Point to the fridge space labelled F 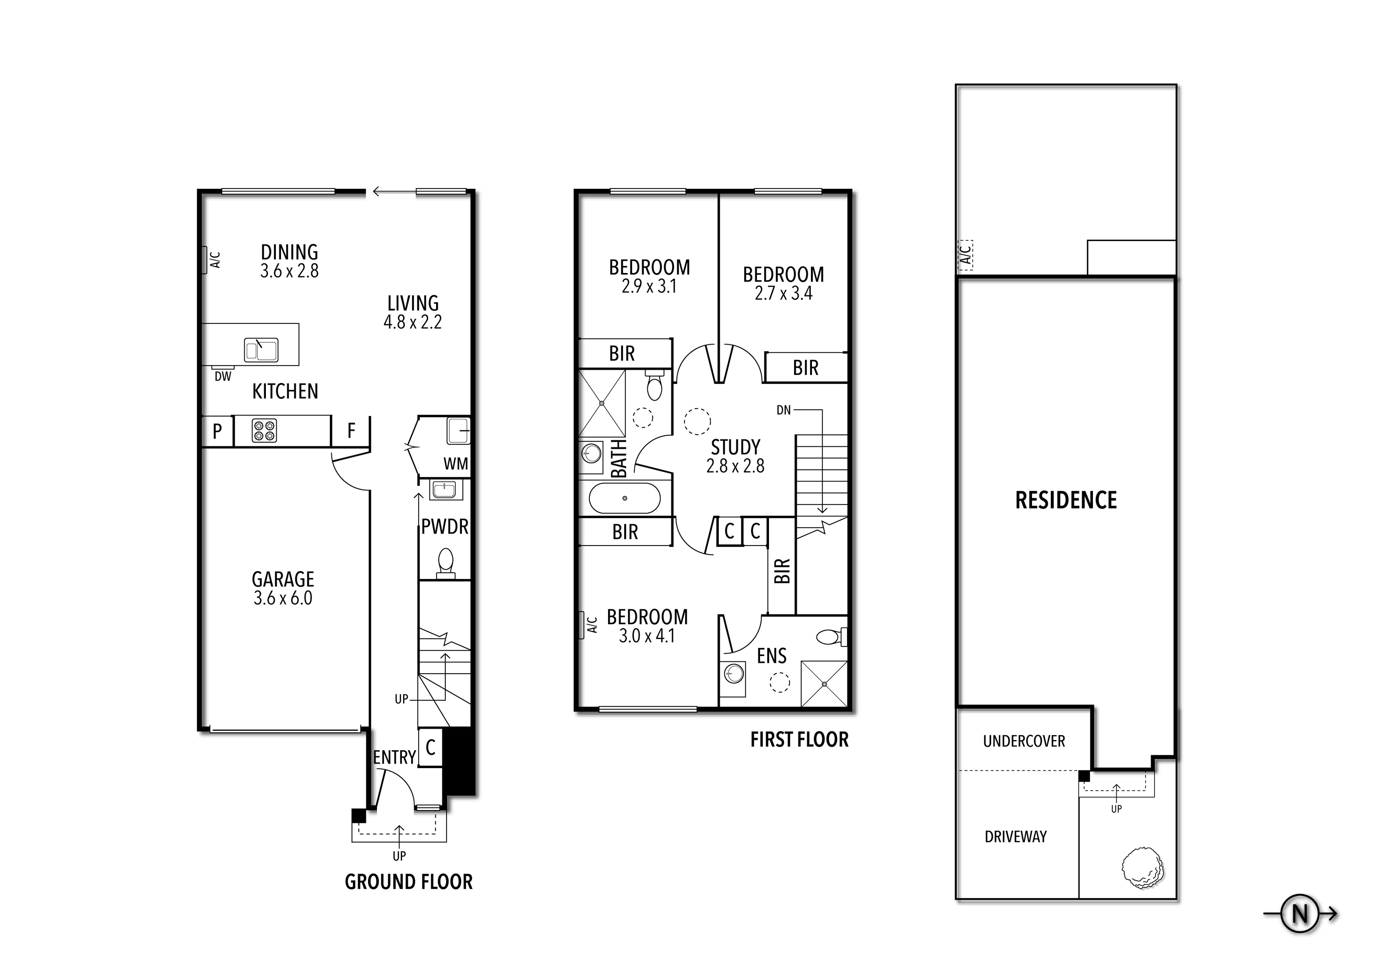351,430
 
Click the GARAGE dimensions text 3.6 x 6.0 283,598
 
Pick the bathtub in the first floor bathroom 625,498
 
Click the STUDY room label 735,447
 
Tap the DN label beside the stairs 783,411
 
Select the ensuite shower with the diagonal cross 825,684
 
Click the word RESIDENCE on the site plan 1066,501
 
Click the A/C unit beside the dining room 204,259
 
